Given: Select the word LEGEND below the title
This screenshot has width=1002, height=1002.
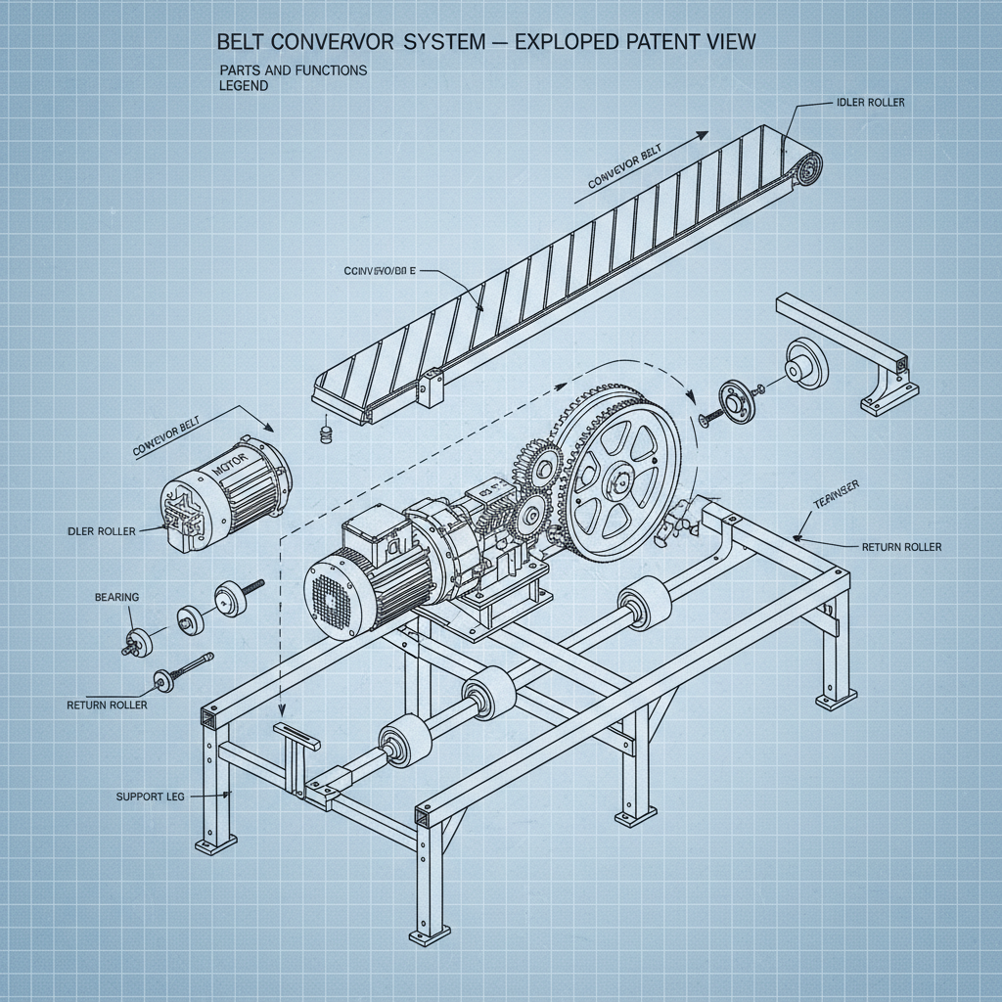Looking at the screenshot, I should [244, 86].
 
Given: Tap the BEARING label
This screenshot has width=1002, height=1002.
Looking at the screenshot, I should [116, 597].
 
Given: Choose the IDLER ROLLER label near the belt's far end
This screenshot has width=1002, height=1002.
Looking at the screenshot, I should [871, 102].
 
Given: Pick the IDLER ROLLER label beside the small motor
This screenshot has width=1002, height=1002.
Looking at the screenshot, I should [102, 531].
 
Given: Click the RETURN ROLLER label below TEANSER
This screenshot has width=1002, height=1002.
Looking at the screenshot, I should [901, 547].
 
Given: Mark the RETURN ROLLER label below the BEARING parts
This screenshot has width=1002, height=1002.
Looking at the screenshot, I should [107, 705].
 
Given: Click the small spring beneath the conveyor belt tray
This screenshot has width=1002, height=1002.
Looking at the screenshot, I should [327, 432].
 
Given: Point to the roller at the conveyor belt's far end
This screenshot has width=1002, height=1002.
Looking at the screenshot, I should [806, 168].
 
